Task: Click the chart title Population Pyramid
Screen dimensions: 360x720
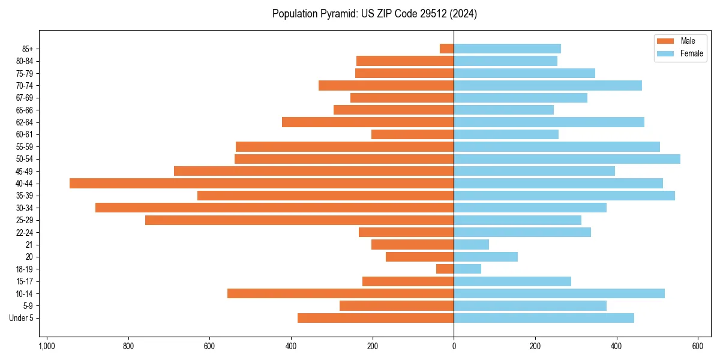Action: pos(374,14)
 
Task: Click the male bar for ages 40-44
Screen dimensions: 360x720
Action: pos(262,184)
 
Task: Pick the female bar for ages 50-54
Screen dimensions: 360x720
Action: pos(567,159)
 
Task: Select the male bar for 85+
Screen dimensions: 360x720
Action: pos(447,49)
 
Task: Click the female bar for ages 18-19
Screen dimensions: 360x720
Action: pos(467,269)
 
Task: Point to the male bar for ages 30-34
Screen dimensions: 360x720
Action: pos(274,208)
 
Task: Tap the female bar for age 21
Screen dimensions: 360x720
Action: pos(471,245)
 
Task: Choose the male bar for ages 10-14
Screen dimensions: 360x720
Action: pos(340,293)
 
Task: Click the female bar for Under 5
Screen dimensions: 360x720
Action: pos(544,318)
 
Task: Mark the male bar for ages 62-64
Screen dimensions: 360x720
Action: pos(368,122)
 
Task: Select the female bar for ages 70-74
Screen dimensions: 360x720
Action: pos(548,86)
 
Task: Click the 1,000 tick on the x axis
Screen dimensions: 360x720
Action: pos(47,346)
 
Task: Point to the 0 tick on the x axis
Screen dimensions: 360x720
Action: pos(454,346)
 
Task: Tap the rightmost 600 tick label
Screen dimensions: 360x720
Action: pos(698,346)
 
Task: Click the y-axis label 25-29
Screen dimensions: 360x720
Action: pos(25,220)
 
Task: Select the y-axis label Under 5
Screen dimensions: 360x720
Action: pos(21,318)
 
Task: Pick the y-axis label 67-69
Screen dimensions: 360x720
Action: pos(25,98)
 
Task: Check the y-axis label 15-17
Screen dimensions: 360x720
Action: pos(25,281)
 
